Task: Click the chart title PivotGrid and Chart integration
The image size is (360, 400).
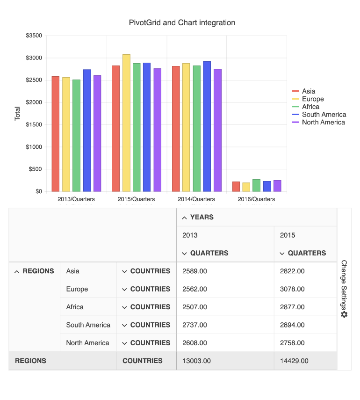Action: pyautogui.click(x=182, y=22)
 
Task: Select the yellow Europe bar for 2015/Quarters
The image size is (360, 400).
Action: pyautogui.click(x=126, y=123)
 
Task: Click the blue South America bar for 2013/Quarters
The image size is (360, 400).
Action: pyautogui.click(x=87, y=130)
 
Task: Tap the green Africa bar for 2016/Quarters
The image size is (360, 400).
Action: pyautogui.click(x=256, y=185)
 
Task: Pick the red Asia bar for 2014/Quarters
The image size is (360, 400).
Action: pyautogui.click(x=176, y=129)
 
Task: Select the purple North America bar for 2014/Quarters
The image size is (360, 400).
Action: pyautogui.click(x=217, y=130)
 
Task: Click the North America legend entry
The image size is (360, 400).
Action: pyautogui.click(x=323, y=122)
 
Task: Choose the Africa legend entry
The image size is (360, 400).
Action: pyautogui.click(x=310, y=107)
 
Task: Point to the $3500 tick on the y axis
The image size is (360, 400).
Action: pyautogui.click(x=34, y=36)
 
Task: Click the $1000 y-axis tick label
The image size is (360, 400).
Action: pyautogui.click(x=34, y=147)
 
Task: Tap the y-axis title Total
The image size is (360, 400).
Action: pyautogui.click(x=18, y=114)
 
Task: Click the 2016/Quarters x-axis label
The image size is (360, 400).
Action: pyautogui.click(x=257, y=199)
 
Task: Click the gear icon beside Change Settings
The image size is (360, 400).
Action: pyautogui.click(x=344, y=314)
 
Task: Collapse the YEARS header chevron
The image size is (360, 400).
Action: pyautogui.click(x=184, y=218)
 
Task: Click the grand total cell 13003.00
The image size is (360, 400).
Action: pyautogui.click(x=196, y=361)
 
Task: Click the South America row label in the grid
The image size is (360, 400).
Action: pyautogui.click(x=88, y=325)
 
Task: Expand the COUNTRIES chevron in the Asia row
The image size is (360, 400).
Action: pyautogui.click(x=124, y=271)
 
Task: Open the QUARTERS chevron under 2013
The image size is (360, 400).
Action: pyautogui.click(x=184, y=254)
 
